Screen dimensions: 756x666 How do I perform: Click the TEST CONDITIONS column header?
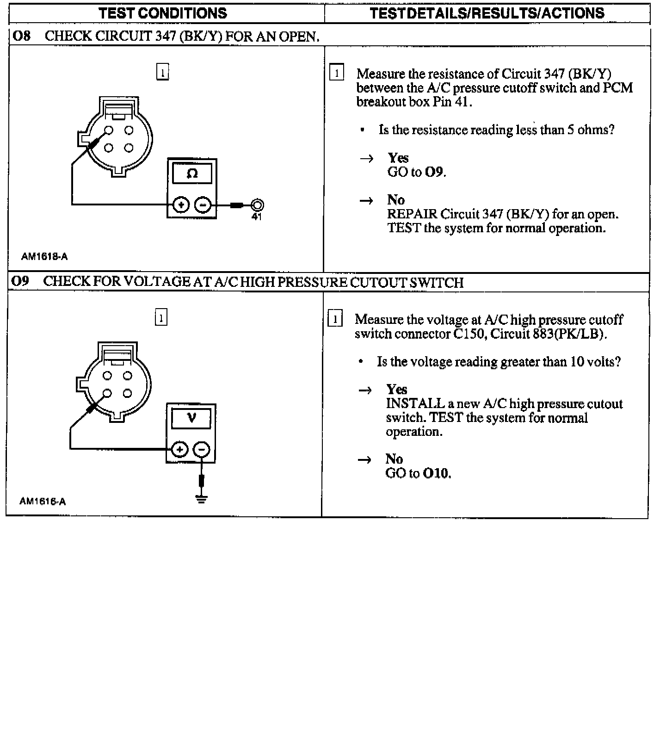click(163, 13)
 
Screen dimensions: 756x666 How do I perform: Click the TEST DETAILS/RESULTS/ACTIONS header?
click(487, 13)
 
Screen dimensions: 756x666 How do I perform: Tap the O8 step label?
click(21, 36)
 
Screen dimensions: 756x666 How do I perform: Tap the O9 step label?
click(20, 281)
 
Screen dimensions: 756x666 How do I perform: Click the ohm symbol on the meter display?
click(192, 174)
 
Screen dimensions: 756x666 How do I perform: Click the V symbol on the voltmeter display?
click(191, 419)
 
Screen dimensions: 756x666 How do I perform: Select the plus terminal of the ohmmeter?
click(181, 204)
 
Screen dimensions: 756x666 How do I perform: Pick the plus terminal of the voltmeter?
click(180, 449)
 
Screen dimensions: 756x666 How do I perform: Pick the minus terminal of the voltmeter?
click(201, 449)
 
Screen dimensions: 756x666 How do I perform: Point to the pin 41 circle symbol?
click(257, 204)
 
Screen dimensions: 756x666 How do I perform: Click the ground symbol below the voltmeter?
click(201, 499)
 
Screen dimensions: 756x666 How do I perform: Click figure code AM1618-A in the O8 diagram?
click(44, 256)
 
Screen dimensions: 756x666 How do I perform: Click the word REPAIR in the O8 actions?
click(412, 214)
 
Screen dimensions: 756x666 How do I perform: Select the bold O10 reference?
click(436, 473)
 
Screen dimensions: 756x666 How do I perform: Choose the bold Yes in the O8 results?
click(398, 158)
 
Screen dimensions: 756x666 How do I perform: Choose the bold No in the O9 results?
click(394, 459)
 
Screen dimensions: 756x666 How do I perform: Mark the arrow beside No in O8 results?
click(366, 201)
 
